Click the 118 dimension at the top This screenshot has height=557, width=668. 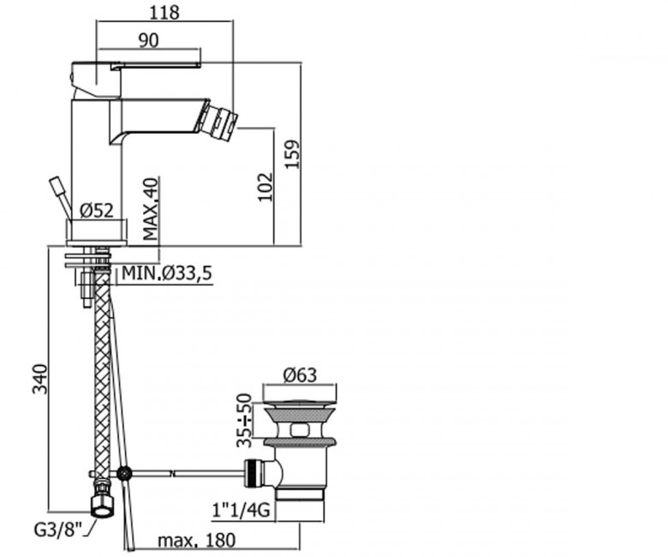tap(164, 12)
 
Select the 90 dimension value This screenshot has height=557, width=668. tap(149, 40)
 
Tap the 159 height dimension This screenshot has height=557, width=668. tap(293, 154)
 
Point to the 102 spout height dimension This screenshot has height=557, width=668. tap(265, 187)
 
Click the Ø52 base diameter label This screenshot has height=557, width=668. tap(97, 210)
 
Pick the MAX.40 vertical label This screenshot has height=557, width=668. tap(151, 209)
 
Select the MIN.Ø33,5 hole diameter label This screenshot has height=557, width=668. tap(167, 273)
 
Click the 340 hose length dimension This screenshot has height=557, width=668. tap(40, 380)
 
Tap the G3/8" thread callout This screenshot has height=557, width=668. tap(57, 530)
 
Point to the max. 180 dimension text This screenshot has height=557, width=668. tap(196, 541)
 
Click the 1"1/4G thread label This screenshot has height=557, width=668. tap(242, 509)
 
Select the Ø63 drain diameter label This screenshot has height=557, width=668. tap(300, 374)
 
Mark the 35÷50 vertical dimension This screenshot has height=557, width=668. tap(245, 420)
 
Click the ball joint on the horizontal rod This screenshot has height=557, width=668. tap(124, 473)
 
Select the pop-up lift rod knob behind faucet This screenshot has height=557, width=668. tap(57, 186)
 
